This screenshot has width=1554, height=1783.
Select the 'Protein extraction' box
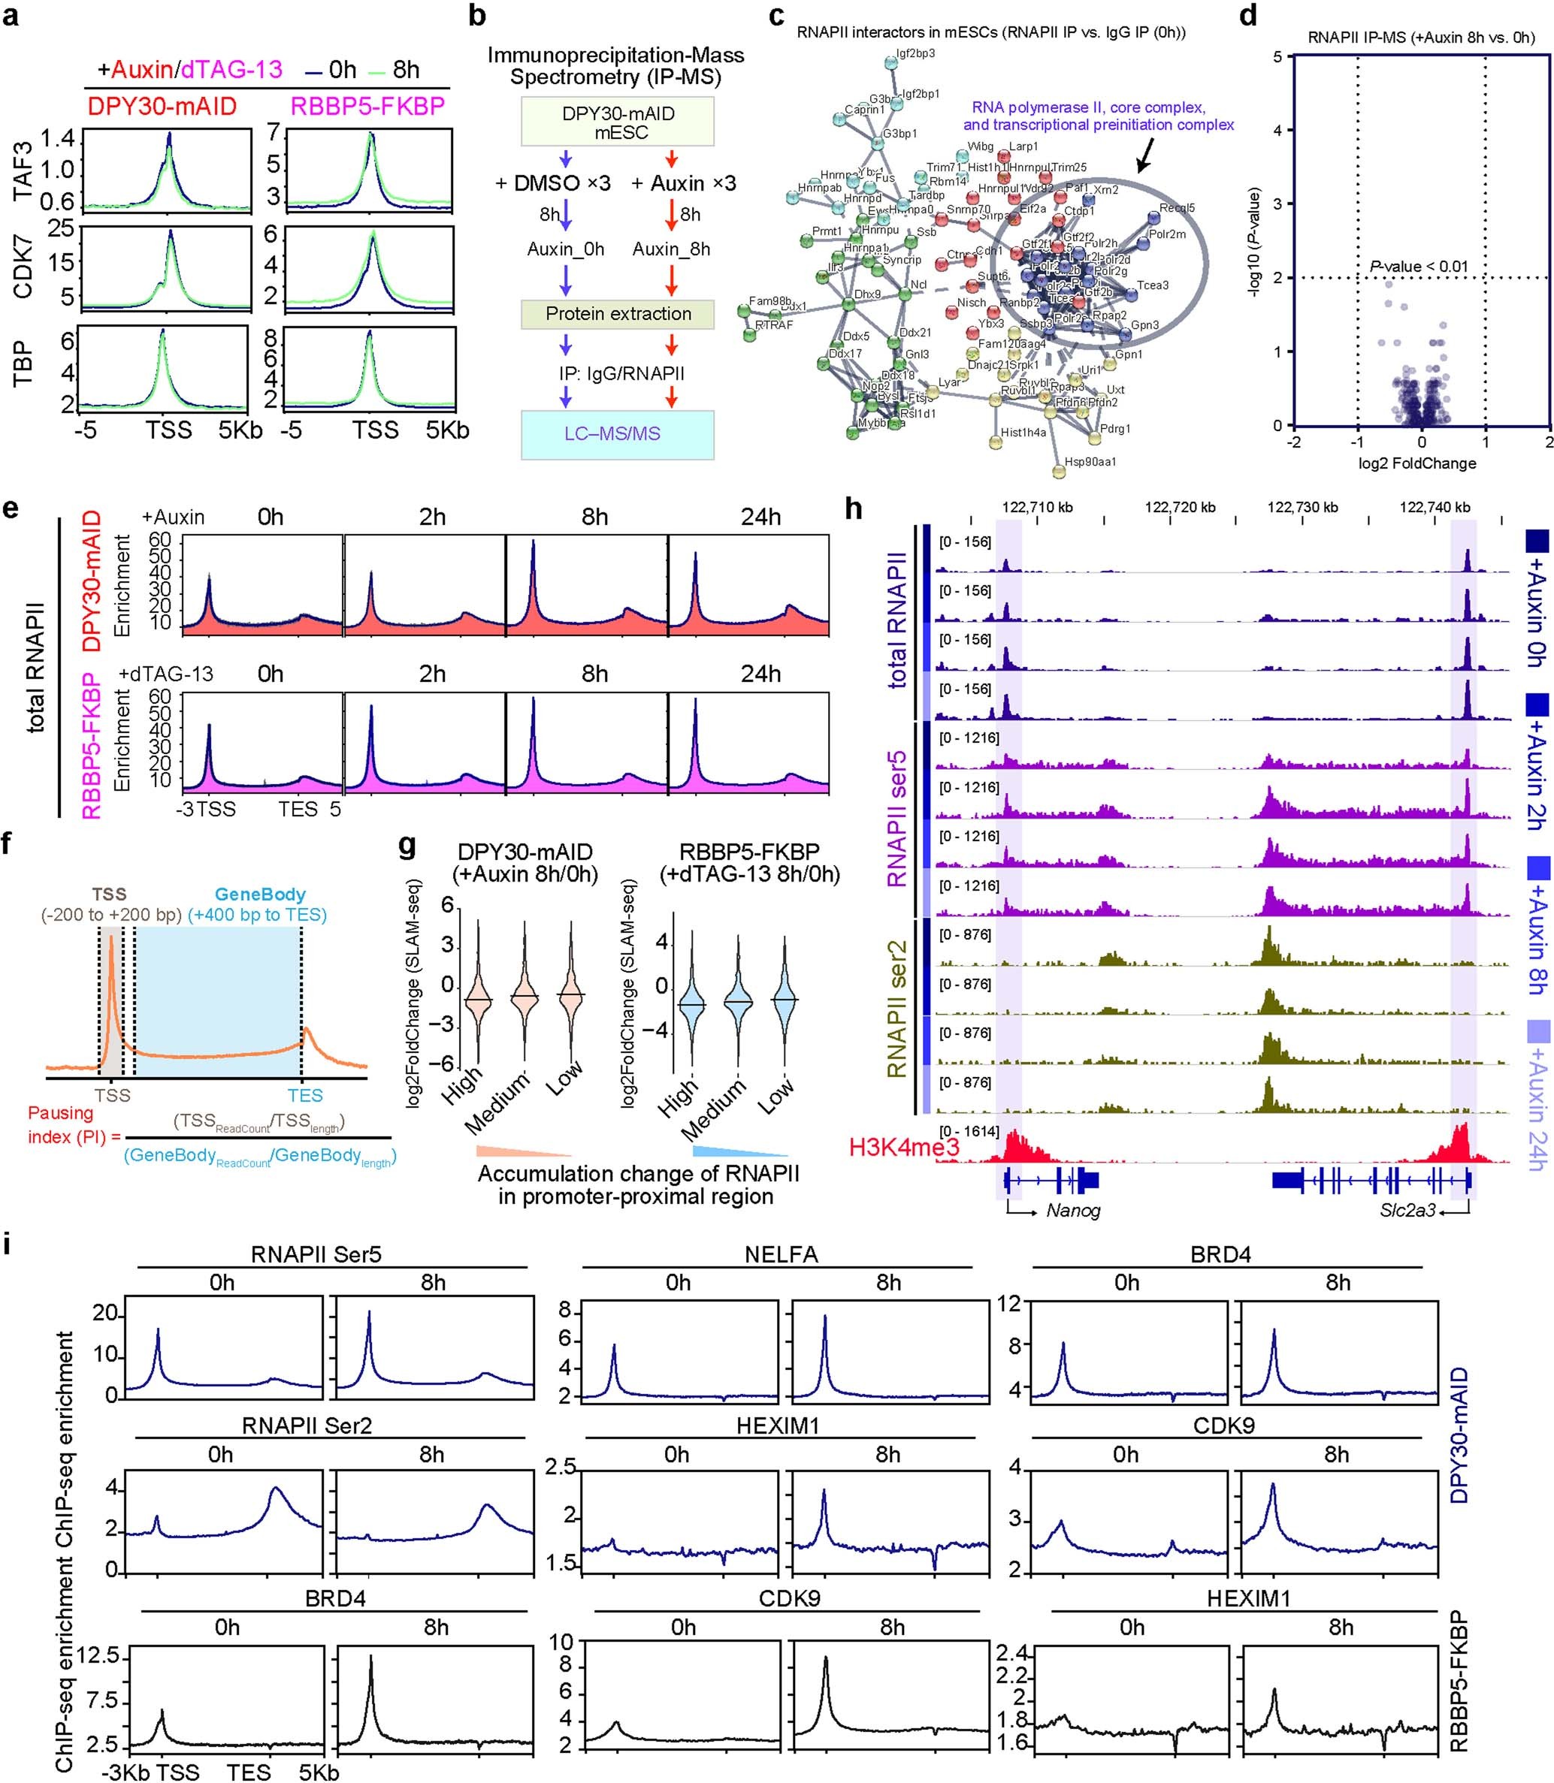(618, 314)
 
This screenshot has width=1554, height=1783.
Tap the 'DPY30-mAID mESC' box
(618, 122)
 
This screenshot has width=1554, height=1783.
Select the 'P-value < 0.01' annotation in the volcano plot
(1419, 266)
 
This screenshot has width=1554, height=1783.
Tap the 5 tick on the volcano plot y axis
(1277, 57)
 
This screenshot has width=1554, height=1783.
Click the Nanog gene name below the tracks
(1073, 1210)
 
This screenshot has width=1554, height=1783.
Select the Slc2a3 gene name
(1407, 1210)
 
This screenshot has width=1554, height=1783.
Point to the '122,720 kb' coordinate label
(1179, 507)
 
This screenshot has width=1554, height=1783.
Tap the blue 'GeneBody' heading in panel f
(259, 894)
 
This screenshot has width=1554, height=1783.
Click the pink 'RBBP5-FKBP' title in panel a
(367, 106)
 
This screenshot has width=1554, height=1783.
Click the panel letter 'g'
(406, 845)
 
